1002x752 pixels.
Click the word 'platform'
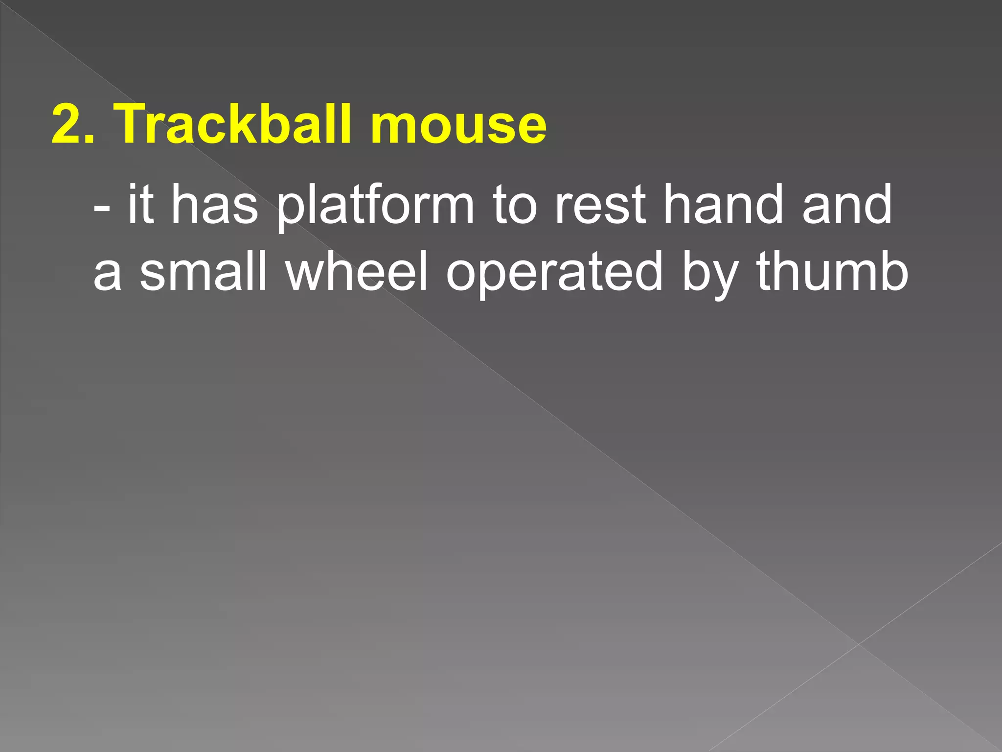[x=375, y=206]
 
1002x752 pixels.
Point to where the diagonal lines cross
[x=859, y=644]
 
